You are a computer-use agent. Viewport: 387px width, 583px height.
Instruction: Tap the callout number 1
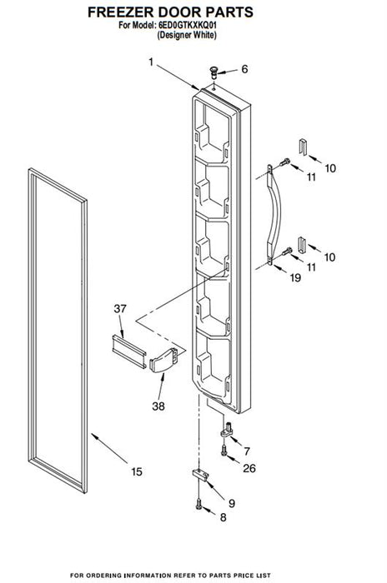click(x=151, y=62)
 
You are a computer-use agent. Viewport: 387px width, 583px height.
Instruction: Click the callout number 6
click(x=244, y=69)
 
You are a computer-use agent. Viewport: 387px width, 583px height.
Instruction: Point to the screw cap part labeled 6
click(x=214, y=72)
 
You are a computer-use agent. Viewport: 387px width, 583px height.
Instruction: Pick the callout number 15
click(x=137, y=471)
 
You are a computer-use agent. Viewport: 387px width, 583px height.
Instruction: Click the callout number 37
click(x=120, y=308)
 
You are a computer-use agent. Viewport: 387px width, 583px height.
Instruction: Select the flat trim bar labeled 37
click(x=129, y=351)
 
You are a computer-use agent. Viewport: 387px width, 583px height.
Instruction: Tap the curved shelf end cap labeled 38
click(x=163, y=361)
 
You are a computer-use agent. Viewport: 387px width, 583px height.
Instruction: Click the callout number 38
click(x=158, y=406)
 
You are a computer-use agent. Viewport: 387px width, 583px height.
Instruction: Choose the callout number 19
click(x=295, y=277)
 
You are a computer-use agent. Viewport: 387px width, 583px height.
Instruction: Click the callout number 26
click(x=249, y=468)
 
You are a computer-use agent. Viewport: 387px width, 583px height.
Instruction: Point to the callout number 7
click(x=247, y=451)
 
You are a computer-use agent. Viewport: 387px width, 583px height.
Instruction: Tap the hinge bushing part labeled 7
click(x=226, y=430)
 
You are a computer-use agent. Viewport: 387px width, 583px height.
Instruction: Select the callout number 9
click(x=232, y=503)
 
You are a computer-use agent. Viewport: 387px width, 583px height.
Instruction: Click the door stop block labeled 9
click(x=200, y=476)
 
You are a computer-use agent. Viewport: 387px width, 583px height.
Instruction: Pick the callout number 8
click(x=223, y=517)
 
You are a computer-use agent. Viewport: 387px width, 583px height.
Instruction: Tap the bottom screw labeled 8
click(x=199, y=504)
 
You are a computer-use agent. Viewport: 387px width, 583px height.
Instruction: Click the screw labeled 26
click(x=224, y=451)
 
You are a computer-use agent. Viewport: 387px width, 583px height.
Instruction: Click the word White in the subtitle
click(x=204, y=35)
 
